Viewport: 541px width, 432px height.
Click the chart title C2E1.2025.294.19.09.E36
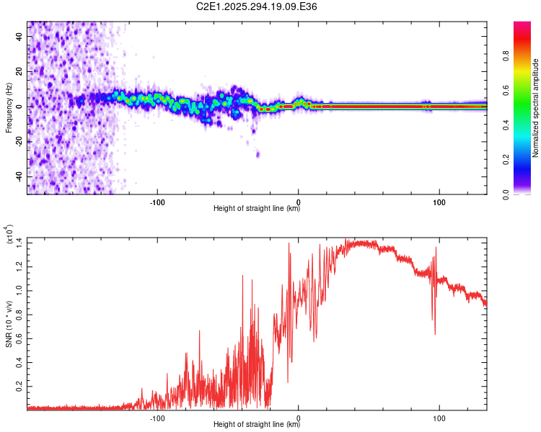[x=258, y=6]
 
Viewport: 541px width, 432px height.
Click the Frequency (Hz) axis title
[x=8, y=107]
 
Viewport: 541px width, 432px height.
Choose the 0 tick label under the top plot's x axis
[x=299, y=202]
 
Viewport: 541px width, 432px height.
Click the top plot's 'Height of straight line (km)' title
[x=257, y=209]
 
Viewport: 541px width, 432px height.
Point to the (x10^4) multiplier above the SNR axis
[x=10, y=235]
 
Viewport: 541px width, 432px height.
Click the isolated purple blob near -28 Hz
[x=258, y=155]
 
